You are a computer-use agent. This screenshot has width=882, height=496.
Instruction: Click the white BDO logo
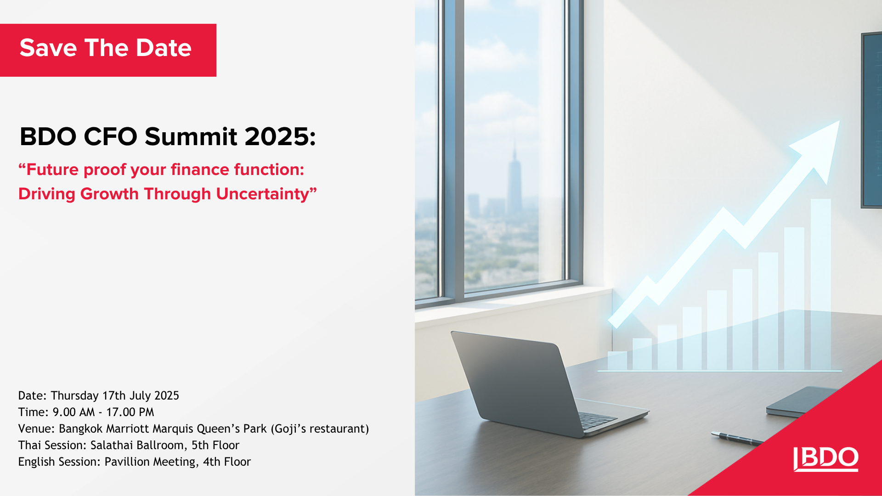pyautogui.click(x=826, y=458)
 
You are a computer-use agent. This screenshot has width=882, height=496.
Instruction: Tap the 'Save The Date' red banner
pyautogui.click(x=107, y=50)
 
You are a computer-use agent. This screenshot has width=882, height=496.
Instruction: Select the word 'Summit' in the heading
pyautogui.click(x=191, y=137)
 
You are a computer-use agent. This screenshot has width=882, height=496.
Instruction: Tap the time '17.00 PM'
pyautogui.click(x=130, y=412)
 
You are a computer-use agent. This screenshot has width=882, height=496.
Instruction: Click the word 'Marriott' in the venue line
pyautogui.click(x=128, y=428)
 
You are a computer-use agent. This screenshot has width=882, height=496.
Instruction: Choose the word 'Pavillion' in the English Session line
pyautogui.click(x=126, y=462)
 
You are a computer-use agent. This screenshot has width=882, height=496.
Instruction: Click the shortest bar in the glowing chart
pyautogui.click(x=617, y=361)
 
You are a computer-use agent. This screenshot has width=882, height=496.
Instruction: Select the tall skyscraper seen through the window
pyautogui.click(x=514, y=179)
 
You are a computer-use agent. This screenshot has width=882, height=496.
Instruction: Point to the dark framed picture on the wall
pyautogui.click(x=871, y=119)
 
